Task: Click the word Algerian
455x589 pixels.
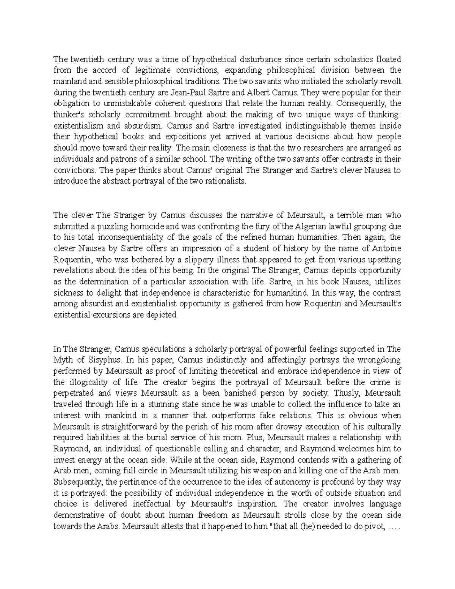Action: [319, 226]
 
